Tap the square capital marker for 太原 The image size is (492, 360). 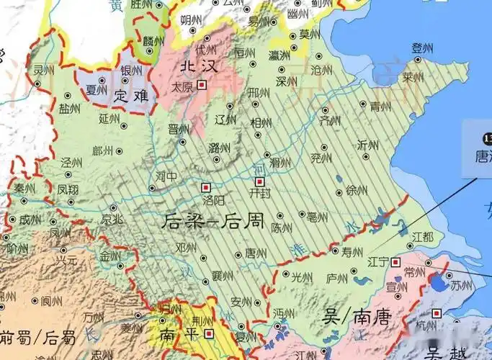(202, 85)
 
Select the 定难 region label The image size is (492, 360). (130, 95)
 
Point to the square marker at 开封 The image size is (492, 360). (260, 181)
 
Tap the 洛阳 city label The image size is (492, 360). (213, 199)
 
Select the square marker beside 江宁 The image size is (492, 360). (395, 262)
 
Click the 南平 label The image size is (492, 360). (175, 334)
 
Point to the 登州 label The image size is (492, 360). (421, 48)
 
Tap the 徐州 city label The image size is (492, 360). (357, 191)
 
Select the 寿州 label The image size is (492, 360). (352, 253)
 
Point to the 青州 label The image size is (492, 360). (380, 107)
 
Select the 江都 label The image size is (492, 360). (423, 236)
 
